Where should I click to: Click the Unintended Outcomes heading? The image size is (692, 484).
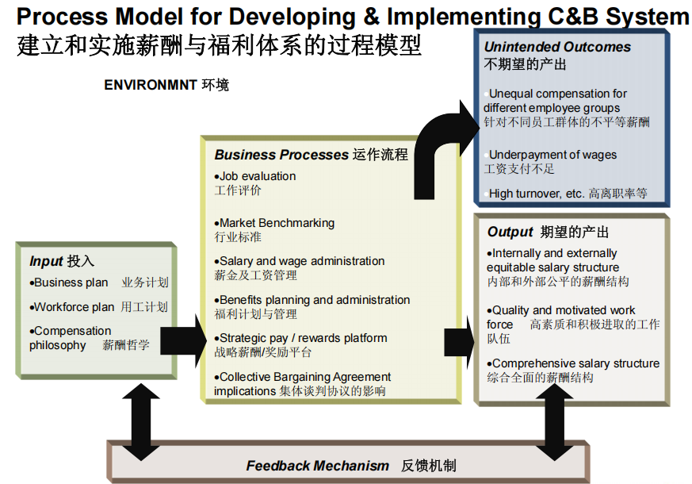557,48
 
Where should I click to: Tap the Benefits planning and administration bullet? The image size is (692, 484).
313,300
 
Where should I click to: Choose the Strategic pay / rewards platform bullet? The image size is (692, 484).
301,338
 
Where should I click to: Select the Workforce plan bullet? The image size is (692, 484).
73,307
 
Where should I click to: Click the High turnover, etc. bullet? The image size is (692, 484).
537,193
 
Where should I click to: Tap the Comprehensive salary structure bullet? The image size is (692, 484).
575,363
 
